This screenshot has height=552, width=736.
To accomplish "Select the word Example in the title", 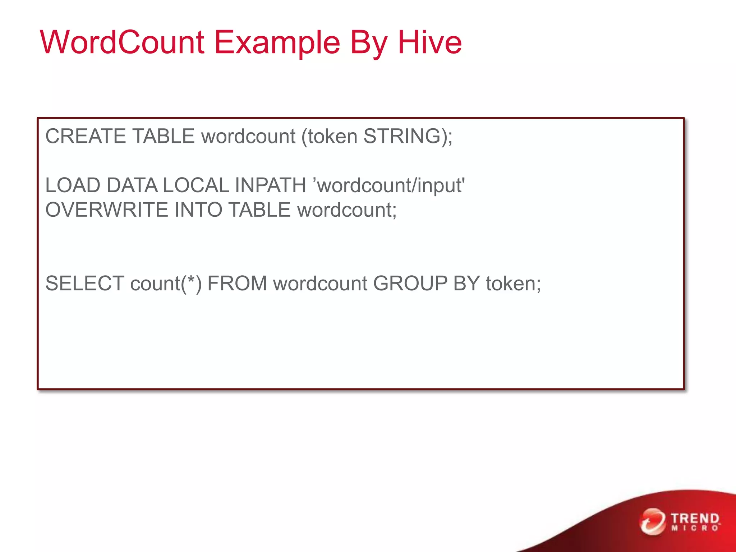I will (277, 43).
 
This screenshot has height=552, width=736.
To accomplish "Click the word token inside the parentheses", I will (332, 137).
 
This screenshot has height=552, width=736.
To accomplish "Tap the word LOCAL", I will (196, 185).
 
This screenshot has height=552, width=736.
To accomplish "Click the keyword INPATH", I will (270, 185).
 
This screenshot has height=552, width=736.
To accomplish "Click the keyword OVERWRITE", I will (107, 210).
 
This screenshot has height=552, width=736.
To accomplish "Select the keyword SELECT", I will (85, 284).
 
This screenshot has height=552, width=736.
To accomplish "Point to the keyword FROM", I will (237, 284).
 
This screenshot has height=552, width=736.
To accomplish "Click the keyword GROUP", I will (410, 284).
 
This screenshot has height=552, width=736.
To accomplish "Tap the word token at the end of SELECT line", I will (510, 284).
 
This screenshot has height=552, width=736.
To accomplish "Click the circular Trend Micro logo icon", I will (652, 521).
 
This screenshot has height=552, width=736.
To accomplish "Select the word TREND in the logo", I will (695, 519).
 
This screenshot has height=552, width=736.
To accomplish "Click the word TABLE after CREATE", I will (164, 136).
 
